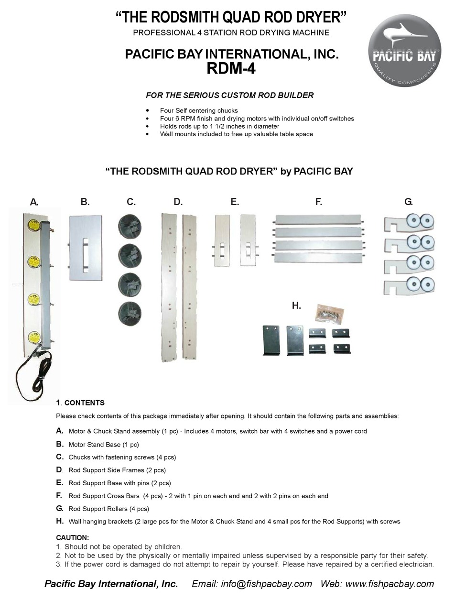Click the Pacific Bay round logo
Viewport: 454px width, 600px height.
tap(404, 51)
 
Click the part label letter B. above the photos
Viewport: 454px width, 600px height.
tap(85, 202)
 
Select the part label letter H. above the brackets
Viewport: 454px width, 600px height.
tap(296, 305)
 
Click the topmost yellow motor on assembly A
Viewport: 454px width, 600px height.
tap(34, 225)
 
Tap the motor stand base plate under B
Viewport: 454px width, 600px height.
tap(85, 248)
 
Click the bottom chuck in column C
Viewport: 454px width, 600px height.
tap(130, 313)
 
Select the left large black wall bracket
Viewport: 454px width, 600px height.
tap(270, 340)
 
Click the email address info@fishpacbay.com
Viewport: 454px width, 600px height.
tap(266, 584)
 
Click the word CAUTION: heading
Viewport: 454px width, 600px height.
tap(73, 538)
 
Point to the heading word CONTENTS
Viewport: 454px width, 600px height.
tap(85, 403)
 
